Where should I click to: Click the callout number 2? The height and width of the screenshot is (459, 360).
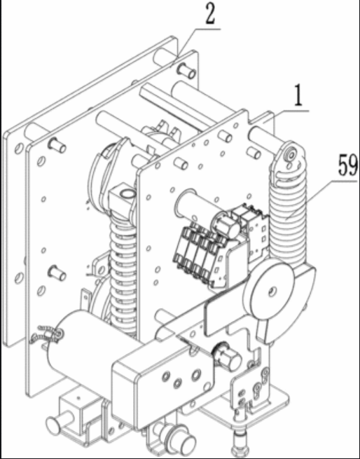pyautogui.click(x=210, y=15)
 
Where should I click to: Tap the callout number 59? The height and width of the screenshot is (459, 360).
pyautogui.click(x=347, y=165)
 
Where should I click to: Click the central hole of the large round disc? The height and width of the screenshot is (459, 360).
pyautogui.click(x=272, y=291)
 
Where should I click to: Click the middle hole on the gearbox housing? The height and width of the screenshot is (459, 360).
pyautogui.click(x=177, y=383)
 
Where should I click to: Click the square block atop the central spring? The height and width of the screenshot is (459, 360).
pyautogui.click(x=122, y=197)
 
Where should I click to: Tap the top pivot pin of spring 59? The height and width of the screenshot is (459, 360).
pyautogui.click(x=291, y=155)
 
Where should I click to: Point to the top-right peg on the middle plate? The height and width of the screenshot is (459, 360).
pyautogui.click(x=186, y=71)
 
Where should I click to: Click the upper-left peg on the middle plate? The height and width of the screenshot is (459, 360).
pyautogui.click(x=57, y=145)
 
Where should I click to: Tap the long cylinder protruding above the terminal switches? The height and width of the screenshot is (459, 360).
pyautogui.click(x=192, y=205)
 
